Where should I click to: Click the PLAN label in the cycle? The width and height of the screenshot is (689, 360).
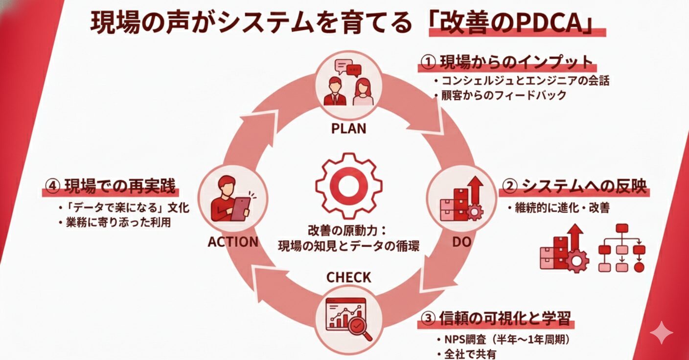pos(348,129)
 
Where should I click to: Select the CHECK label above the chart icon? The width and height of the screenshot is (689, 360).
pos(348,278)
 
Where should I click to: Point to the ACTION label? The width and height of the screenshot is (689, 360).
pos(233,242)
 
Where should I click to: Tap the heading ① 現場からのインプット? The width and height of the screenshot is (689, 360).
pos(507,63)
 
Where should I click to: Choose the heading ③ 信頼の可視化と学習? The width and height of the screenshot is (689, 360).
pos(496,318)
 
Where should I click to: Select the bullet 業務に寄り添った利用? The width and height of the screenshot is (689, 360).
pos(120,222)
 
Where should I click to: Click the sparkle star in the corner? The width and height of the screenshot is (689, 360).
pos(661,333)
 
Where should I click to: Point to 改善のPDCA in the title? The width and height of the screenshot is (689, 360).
pos(516,24)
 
